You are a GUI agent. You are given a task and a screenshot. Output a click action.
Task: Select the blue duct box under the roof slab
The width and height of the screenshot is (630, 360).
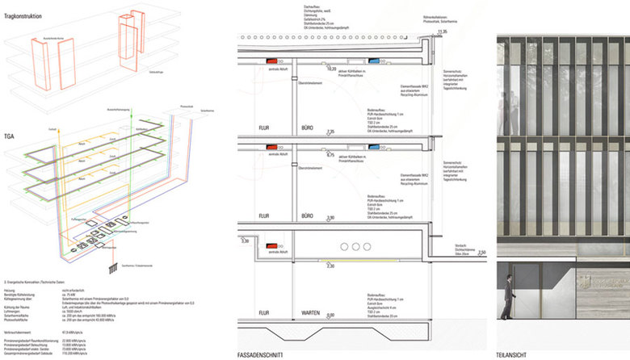point(374,61)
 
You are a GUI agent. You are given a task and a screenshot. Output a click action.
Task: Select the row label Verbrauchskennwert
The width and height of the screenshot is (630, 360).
point(22,331)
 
